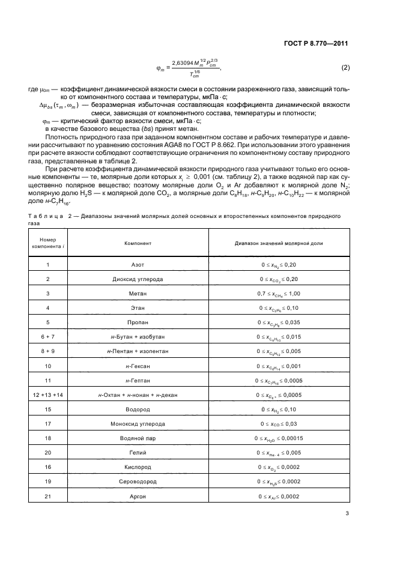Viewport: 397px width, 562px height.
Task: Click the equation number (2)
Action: click(x=345, y=68)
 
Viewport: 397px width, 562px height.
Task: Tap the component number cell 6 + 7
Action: click(x=47, y=337)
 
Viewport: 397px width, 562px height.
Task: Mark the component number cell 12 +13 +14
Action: click(x=47, y=394)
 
